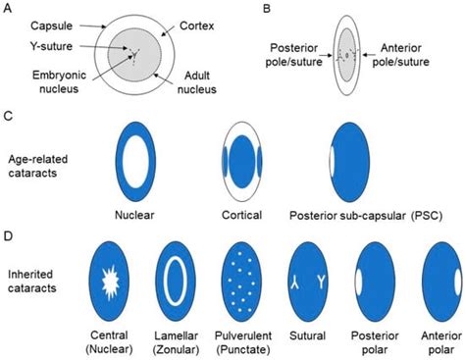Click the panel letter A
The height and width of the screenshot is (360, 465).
click(x=8, y=8)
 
